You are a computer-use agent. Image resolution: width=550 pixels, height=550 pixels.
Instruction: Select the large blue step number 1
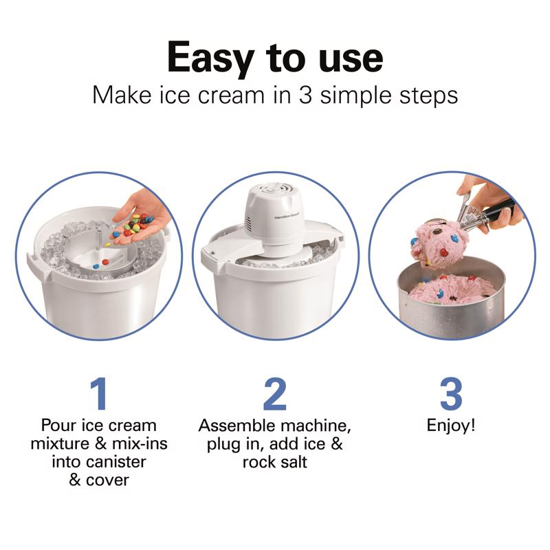click(98, 394)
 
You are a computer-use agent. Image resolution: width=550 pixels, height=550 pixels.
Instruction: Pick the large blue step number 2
click(274, 394)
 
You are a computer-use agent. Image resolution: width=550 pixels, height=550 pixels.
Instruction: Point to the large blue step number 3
click(450, 394)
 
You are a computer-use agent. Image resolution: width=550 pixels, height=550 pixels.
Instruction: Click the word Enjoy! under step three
click(450, 426)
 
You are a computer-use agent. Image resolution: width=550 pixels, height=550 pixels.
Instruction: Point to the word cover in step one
click(108, 479)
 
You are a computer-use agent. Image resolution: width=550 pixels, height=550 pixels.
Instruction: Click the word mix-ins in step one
click(140, 443)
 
